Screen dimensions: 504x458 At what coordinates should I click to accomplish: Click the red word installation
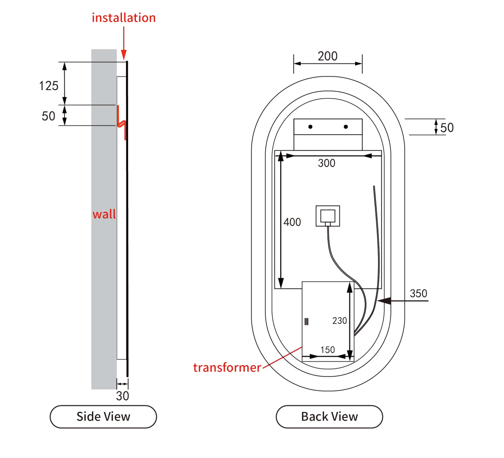(x=124, y=18)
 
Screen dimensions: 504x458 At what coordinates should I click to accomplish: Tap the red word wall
(x=104, y=214)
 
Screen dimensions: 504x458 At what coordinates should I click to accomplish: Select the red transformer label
(x=227, y=368)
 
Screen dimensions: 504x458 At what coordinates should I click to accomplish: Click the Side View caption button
(x=103, y=417)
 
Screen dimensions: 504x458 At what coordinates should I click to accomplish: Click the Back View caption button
(x=330, y=417)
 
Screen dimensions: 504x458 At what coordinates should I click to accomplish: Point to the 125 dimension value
(x=49, y=86)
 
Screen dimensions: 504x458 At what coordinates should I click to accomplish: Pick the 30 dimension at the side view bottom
(x=122, y=396)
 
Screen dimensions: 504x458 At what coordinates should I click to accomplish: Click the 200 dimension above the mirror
(x=327, y=56)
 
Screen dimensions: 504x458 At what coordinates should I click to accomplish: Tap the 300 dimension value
(x=327, y=163)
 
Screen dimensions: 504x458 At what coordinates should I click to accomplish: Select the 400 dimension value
(x=292, y=222)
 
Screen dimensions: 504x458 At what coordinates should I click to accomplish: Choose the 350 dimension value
(x=419, y=294)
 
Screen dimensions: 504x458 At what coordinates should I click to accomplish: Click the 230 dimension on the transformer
(x=340, y=321)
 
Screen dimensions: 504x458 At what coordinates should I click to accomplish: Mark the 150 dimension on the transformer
(x=327, y=350)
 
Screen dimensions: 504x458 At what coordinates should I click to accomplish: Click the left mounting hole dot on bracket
(x=310, y=127)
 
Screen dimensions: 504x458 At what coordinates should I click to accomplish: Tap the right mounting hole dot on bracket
(x=346, y=127)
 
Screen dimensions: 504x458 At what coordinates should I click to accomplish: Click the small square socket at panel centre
(x=328, y=216)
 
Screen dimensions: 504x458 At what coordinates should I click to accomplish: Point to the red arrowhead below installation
(x=124, y=55)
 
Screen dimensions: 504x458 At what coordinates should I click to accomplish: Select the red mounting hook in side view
(x=122, y=123)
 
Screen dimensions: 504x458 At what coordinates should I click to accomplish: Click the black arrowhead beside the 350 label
(x=384, y=300)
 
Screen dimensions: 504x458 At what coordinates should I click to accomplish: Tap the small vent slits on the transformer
(x=306, y=322)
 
